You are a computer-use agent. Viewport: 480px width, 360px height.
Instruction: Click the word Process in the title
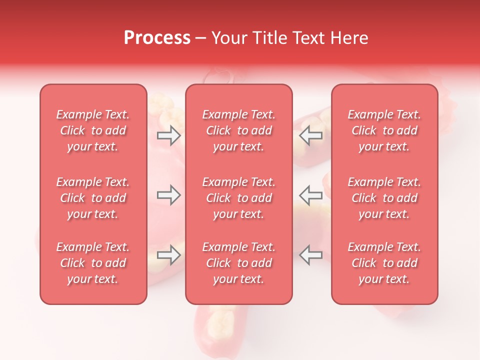[x=157, y=38]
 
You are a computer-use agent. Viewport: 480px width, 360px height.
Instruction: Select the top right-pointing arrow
[x=168, y=135]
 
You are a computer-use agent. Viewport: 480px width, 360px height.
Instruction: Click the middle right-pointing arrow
[x=168, y=195]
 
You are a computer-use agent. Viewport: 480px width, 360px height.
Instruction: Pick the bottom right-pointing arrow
[x=168, y=255]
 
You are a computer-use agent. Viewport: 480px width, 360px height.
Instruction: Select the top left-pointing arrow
[x=311, y=135]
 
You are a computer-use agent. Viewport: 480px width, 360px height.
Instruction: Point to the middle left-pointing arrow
[x=311, y=195]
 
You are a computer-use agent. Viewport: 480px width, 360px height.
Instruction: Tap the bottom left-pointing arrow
[x=311, y=255]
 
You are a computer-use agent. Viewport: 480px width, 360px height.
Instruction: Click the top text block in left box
[x=93, y=130]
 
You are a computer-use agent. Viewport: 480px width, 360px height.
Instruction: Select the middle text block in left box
[x=93, y=198]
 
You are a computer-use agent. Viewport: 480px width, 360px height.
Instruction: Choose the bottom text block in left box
[x=93, y=263]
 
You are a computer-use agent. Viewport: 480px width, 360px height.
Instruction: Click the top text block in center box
[x=239, y=130]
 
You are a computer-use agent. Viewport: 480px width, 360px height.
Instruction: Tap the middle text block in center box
[x=239, y=198]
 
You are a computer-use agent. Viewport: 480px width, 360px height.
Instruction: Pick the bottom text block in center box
[x=239, y=263]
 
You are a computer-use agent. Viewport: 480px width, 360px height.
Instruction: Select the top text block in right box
[x=384, y=130]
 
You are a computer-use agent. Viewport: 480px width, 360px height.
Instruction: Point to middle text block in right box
[x=384, y=198]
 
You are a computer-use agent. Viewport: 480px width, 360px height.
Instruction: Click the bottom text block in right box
[x=384, y=263]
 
